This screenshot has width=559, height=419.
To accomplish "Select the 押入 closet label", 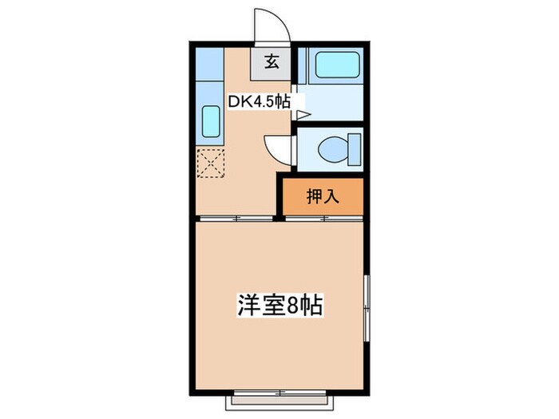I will [x=323, y=196].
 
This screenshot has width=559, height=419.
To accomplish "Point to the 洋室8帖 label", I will [x=279, y=305].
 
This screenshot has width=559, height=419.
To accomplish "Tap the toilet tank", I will [x=354, y=149].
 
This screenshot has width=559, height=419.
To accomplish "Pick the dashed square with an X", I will [x=212, y=164].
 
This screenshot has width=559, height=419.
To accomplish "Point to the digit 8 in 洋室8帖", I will [x=296, y=305].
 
